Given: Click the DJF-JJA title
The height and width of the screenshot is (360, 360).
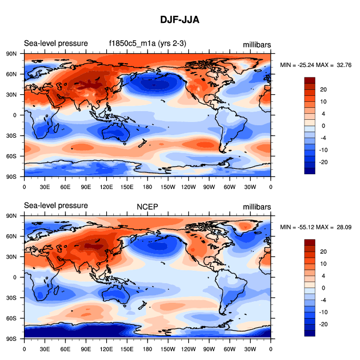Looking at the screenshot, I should (180, 20).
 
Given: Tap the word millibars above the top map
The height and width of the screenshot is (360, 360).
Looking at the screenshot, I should (257, 44).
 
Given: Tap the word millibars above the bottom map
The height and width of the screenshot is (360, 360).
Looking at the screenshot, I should (257, 206).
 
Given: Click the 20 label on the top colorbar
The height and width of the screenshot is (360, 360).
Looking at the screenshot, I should (322, 89).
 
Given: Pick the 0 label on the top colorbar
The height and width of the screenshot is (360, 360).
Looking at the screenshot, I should (322, 125).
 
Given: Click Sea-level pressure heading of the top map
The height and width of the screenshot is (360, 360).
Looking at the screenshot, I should (56, 44).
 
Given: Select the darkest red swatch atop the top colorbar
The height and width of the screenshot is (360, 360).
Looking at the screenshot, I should (310, 80).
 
